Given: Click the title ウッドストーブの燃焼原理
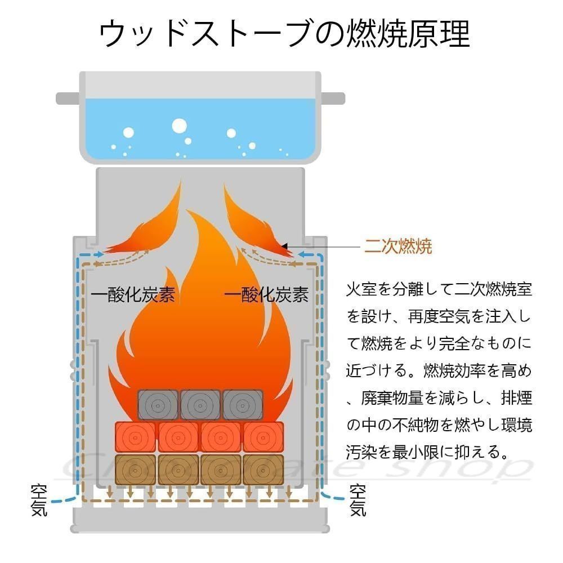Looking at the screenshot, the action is (284, 34).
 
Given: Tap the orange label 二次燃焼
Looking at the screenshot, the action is (398, 247).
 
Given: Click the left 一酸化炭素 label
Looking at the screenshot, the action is (132, 295).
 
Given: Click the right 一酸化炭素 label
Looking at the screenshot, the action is (266, 295).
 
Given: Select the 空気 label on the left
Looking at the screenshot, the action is (39, 500).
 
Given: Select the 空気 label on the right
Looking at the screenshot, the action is (358, 500).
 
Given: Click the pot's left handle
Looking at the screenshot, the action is (68, 99).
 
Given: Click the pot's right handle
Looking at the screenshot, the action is (333, 99).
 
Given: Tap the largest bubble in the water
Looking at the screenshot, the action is (179, 126).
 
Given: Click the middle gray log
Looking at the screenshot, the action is (200, 405).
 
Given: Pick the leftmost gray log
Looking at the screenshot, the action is (158, 405).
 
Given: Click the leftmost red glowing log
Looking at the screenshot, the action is (135, 437).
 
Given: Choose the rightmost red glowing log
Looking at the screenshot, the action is (263, 437).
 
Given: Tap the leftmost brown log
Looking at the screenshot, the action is (135, 470).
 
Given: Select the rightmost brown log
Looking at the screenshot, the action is (263, 470).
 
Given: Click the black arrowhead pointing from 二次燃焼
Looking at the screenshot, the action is (284, 247).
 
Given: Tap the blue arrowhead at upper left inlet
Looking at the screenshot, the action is (101, 254).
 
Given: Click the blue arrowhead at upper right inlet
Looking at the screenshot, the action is (302, 254).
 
